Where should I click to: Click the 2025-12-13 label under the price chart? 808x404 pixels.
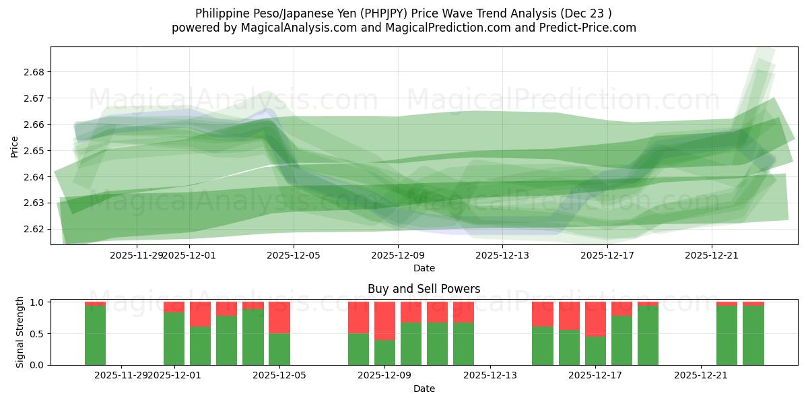coord(502,255)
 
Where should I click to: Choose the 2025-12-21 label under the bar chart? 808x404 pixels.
coord(701,376)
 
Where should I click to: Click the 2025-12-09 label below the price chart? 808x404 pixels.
coord(398,255)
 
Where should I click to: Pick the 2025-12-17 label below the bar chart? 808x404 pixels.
coord(596,376)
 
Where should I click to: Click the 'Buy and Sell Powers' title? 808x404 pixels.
coord(424,289)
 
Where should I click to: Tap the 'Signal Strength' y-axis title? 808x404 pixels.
coord(20,332)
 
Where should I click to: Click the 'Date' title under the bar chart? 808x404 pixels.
coord(424,389)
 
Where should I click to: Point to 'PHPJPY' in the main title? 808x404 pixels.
coord(383,13)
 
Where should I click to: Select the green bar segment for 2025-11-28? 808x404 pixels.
coord(95,335)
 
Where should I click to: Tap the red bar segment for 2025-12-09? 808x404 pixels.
coord(384,321)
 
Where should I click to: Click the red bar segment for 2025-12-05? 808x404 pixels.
coord(279,317)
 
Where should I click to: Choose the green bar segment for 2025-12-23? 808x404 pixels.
coord(753,335)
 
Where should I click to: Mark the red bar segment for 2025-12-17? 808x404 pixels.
coord(595,319)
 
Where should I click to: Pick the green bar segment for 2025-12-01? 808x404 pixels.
coord(174,339)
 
